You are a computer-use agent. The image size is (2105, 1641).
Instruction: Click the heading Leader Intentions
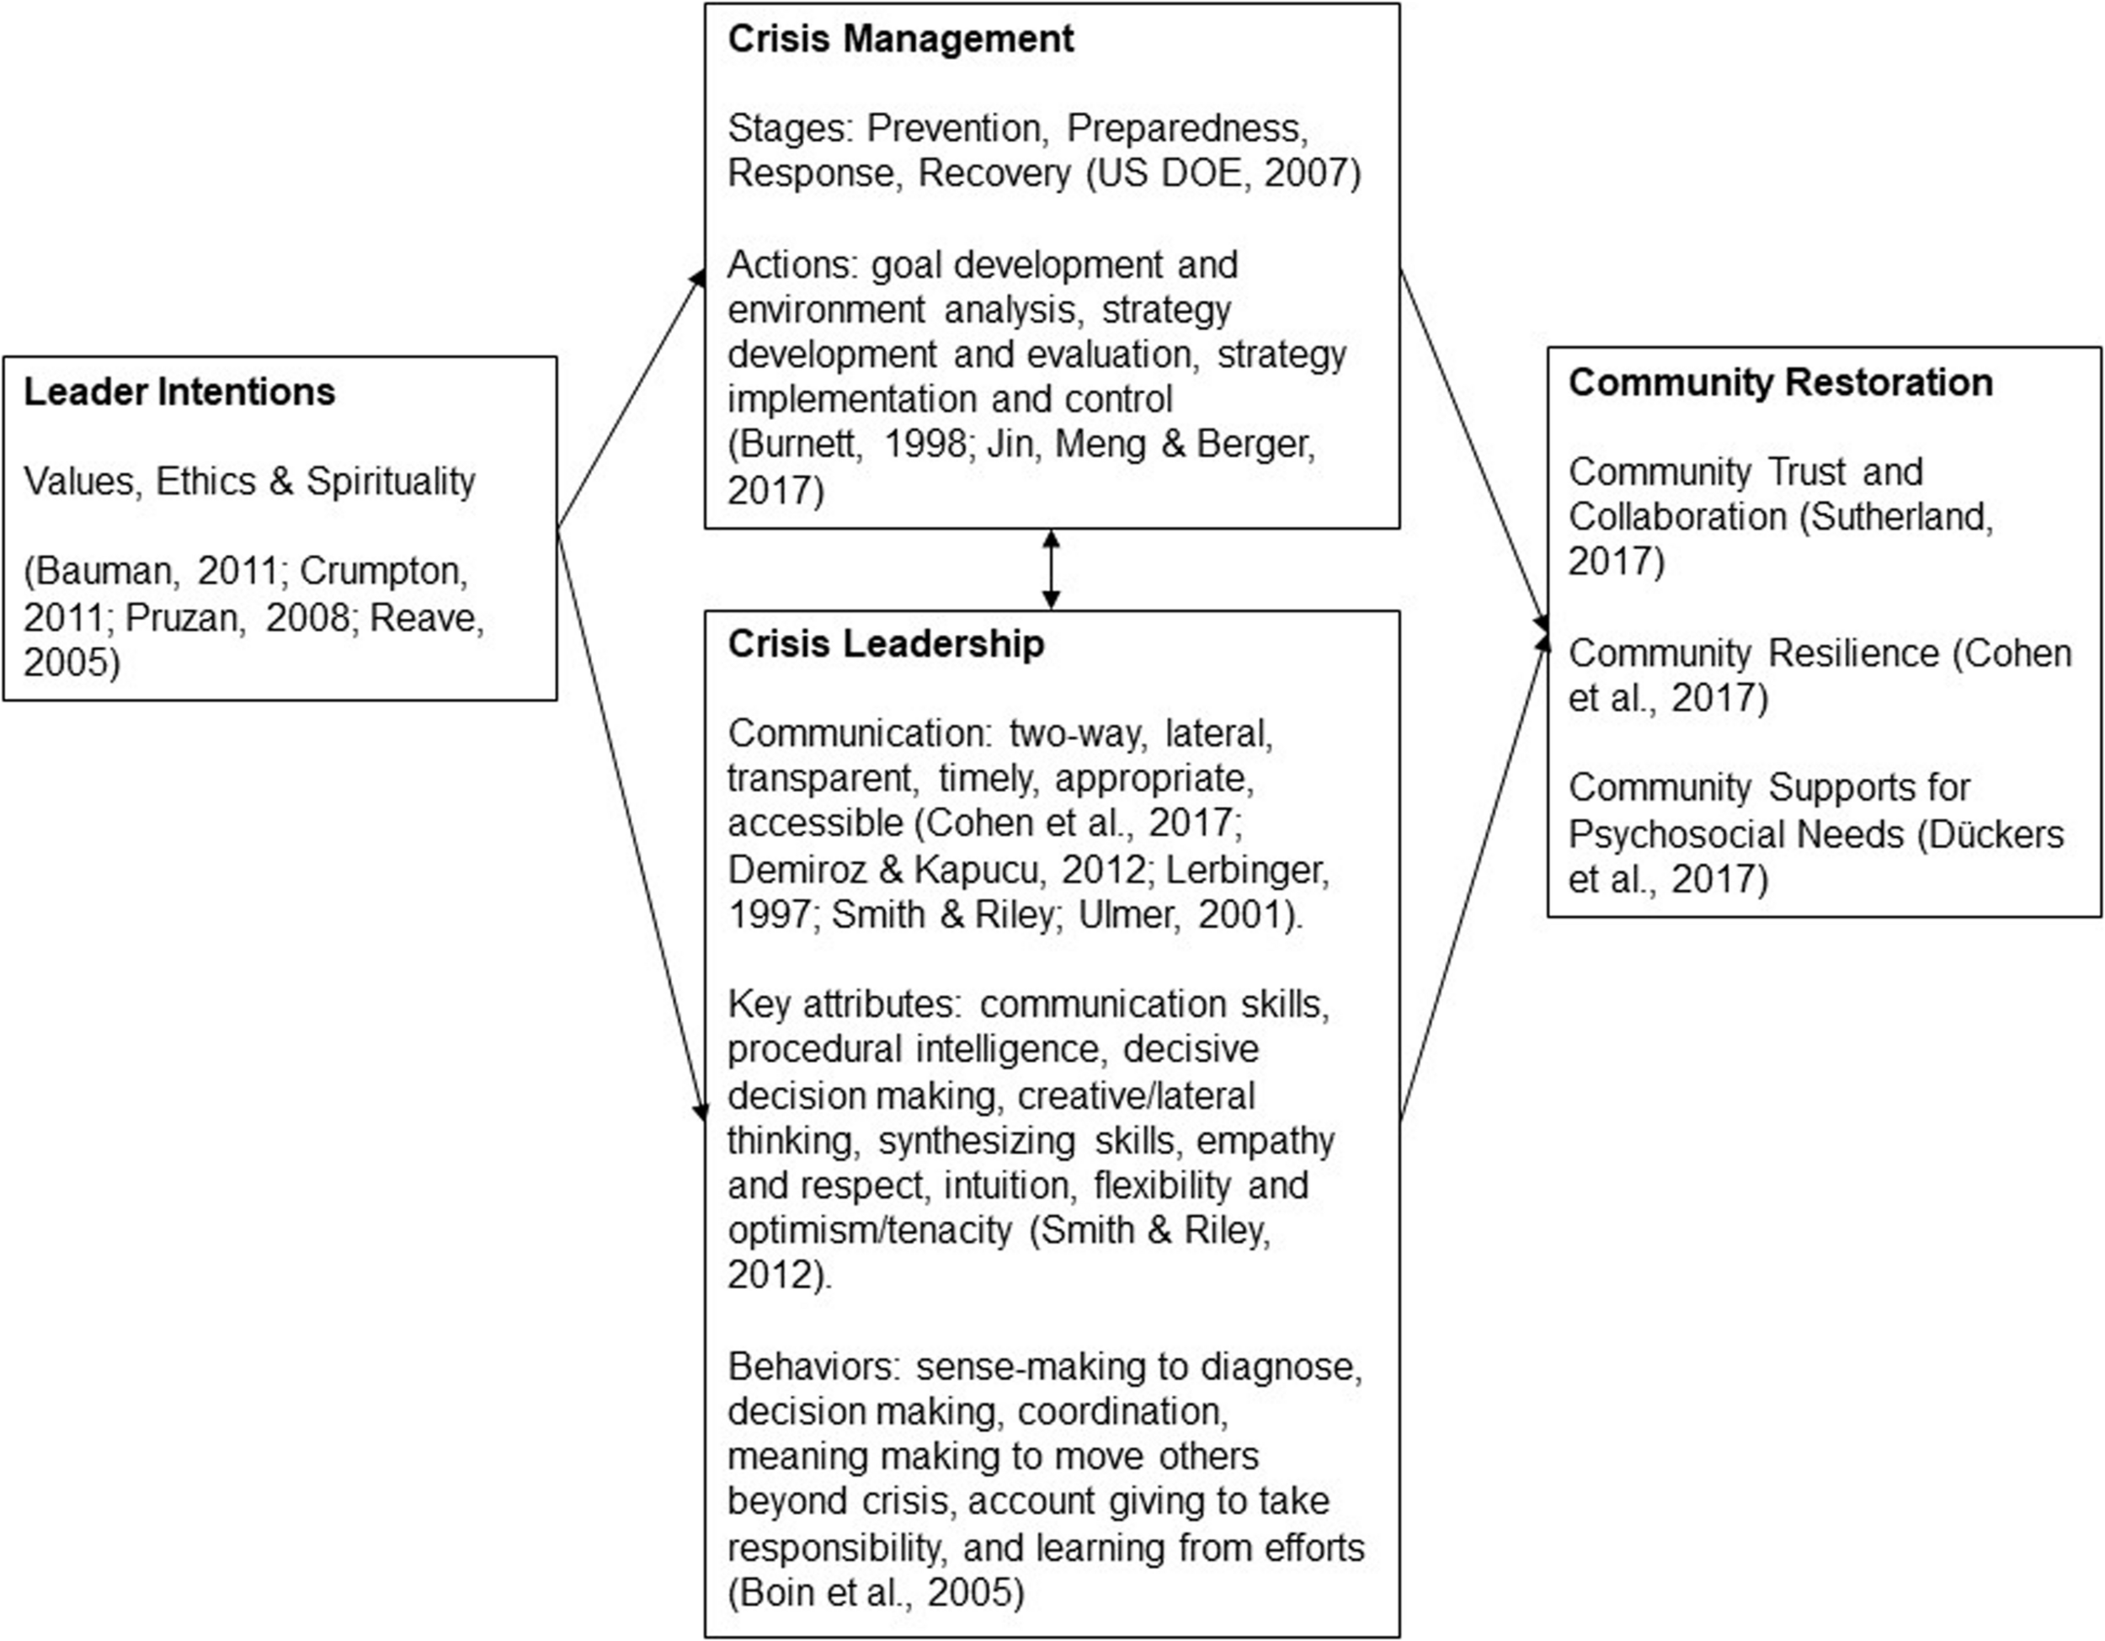pos(179,392)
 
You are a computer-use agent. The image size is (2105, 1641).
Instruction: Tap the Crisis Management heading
pos(900,40)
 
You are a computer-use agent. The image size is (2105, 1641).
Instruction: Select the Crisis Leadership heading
pos(886,643)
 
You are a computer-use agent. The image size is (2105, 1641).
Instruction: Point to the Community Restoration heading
pos(1780,382)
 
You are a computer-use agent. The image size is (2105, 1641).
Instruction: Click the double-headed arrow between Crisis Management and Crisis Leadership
pos(1052,569)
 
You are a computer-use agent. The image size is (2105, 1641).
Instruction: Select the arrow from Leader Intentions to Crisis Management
pos(631,400)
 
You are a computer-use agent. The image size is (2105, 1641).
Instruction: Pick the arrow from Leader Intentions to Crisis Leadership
pos(631,824)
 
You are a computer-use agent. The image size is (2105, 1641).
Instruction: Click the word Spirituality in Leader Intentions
pos(391,482)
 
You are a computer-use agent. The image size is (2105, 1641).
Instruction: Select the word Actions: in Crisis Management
pos(792,265)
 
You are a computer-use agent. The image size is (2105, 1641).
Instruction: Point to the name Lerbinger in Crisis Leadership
pos(1247,870)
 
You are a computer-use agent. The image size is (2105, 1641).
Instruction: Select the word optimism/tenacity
pos(870,1230)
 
